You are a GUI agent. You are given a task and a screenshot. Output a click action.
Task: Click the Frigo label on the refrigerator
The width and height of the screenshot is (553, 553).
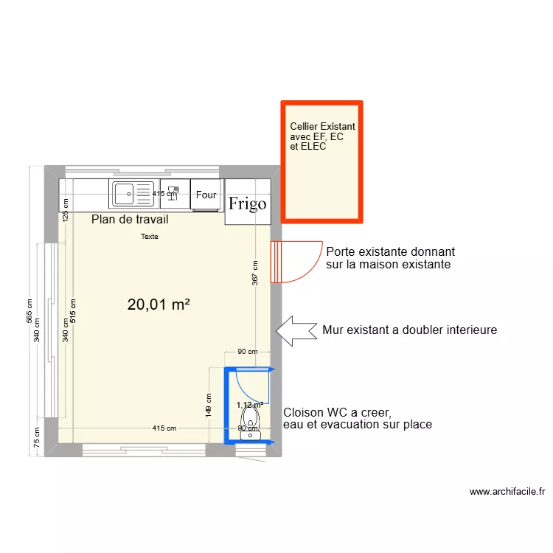(x=247, y=204)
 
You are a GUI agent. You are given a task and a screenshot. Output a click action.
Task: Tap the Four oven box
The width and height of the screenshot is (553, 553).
(x=206, y=195)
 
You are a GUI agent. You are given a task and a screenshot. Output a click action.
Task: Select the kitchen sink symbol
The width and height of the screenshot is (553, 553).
(x=133, y=195)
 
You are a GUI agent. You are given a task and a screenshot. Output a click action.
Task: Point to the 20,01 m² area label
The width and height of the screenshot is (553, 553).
(x=159, y=304)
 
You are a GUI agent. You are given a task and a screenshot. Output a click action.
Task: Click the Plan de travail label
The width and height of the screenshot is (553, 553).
(x=130, y=220)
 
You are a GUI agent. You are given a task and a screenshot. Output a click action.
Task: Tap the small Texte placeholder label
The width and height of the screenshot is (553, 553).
(x=150, y=237)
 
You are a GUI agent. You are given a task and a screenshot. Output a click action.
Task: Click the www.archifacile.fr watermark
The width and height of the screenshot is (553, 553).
(x=507, y=492)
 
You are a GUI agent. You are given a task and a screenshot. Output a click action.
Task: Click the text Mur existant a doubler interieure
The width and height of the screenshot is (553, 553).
(x=409, y=330)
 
